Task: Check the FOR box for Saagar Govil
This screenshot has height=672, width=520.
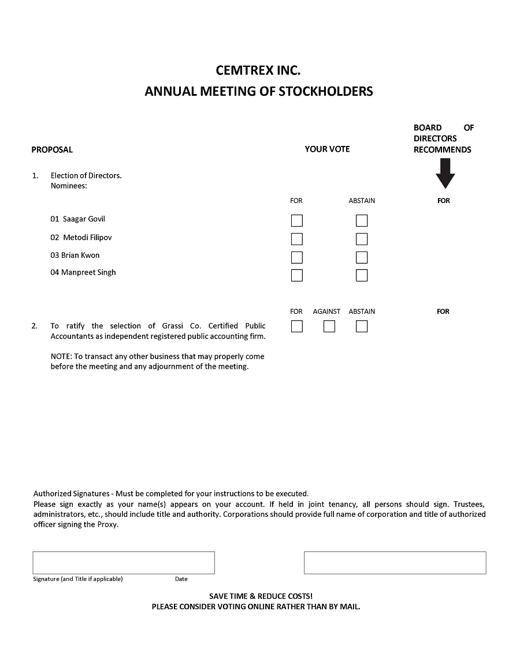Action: pos(296,220)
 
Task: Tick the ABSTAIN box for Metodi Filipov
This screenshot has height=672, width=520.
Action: pos(362,239)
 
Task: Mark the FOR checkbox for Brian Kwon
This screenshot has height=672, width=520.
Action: pos(296,257)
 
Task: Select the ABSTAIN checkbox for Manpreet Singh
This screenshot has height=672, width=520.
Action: pos(362,275)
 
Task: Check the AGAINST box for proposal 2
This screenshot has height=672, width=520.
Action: pos(329,326)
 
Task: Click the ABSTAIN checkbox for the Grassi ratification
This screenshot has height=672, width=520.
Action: pos(362,326)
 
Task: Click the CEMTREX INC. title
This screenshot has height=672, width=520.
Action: pos(258,70)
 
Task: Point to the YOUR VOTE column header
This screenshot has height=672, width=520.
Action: pos(327,149)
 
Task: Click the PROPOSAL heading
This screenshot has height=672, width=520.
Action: pos(52,149)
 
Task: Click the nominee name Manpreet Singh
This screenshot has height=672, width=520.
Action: pos(88,272)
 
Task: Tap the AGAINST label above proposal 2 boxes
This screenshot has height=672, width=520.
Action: pos(326,311)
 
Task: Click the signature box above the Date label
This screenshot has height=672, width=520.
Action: pos(124,562)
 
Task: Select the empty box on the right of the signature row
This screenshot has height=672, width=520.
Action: pos(395,562)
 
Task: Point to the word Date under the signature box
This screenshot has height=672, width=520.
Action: pos(181,579)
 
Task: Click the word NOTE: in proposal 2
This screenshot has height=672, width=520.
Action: pos(61,356)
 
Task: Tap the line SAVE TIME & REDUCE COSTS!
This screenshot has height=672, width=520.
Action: pos(261,596)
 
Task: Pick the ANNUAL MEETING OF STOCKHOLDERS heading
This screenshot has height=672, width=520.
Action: pos(258,91)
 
